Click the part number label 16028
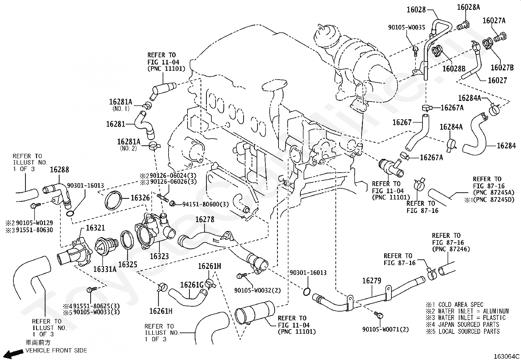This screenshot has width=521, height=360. click(416, 9)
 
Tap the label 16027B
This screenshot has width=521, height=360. click(502, 67)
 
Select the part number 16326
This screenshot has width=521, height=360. click(140, 198)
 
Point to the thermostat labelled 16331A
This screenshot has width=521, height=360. click(106, 246)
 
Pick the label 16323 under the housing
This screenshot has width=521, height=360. click(159, 256)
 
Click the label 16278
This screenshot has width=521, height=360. click(205, 219)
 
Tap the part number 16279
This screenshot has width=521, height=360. click(372, 281)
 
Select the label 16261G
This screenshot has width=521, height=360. click(192, 285)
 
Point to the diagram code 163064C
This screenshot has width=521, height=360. click(506, 356)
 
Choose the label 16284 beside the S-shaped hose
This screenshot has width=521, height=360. click(506, 146)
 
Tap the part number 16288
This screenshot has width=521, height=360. click(60, 170)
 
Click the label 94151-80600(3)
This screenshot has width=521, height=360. click(206, 204)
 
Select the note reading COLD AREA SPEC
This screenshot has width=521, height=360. click(461, 305)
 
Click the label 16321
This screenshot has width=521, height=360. click(95, 228)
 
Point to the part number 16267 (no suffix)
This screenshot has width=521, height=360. click(402, 123)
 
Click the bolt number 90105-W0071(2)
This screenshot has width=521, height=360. click(386, 330)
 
